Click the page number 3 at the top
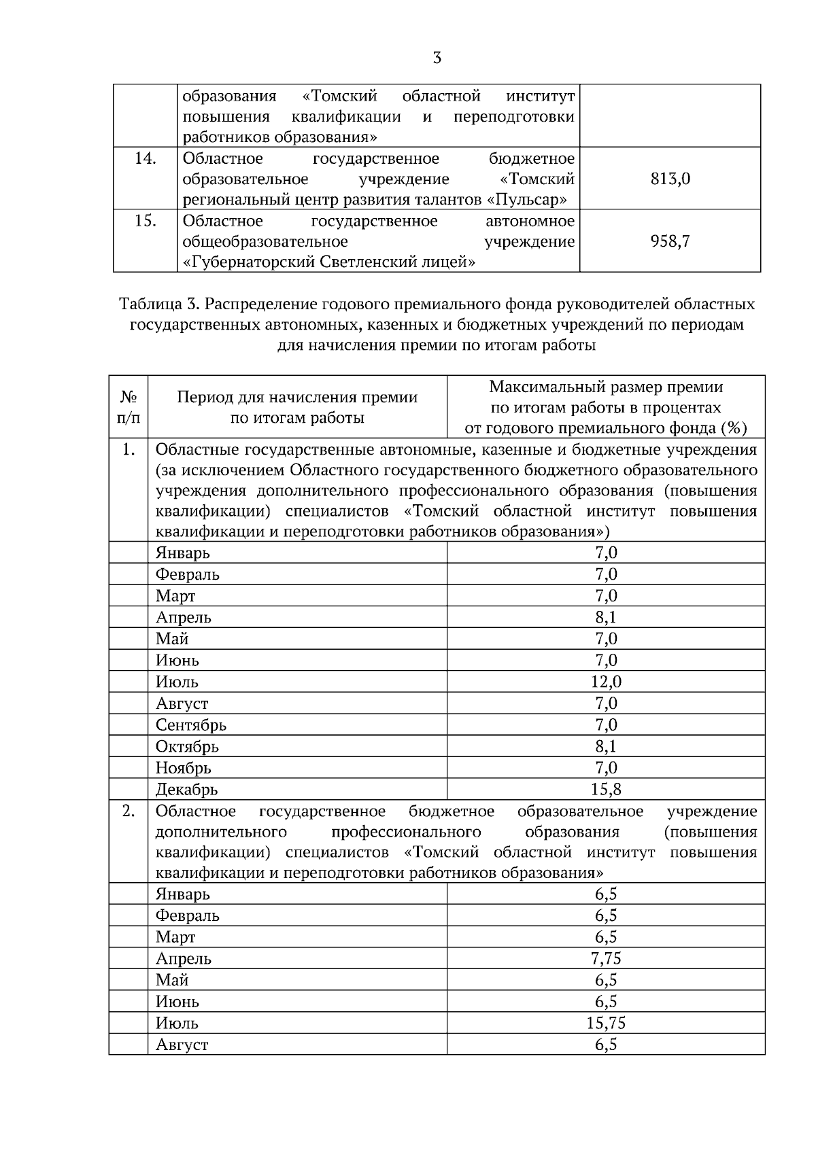[437, 58]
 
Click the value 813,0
[670, 179]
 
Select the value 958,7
[670, 241]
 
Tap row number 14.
[145, 159]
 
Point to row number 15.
[145, 221]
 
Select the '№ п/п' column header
[129, 406]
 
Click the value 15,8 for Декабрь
[606, 789]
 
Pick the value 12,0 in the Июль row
[606, 682]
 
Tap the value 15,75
[606, 1023]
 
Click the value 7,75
[606, 958]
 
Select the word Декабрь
[186, 790]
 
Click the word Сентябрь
[191, 725]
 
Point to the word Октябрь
[187, 747]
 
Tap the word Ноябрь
[184, 769]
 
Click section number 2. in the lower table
[129, 811]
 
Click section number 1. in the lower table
[129, 450]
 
